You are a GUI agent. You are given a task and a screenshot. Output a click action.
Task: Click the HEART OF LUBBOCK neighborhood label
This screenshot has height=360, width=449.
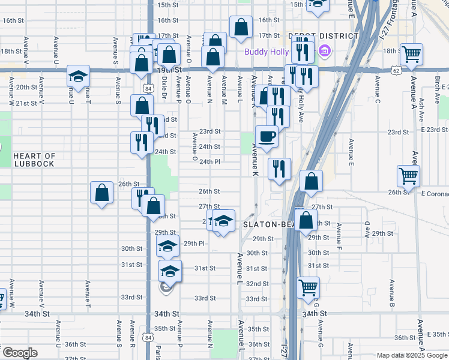[x=34, y=160]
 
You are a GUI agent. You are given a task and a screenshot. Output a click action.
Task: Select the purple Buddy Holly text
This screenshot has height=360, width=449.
[x=266, y=51]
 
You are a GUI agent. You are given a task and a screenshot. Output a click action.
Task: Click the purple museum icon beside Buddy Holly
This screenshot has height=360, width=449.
[x=325, y=51]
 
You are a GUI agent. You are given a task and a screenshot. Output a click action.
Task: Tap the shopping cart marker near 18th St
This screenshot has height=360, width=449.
[x=411, y=54]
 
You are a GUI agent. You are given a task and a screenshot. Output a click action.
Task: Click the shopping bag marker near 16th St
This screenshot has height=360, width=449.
[x=241, y=27]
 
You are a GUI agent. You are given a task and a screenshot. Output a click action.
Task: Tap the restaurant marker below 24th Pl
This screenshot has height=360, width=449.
[x=280, y=169]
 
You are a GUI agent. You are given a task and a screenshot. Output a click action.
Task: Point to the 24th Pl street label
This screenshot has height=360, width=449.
[x=210, y=162]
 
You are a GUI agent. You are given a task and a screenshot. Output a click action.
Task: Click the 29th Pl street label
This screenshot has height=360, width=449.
[x=194, y=244]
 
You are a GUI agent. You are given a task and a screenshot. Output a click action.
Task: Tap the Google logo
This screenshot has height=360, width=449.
[x=19, y=353]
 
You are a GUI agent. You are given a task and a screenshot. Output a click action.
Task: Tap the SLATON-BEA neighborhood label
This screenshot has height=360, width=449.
[x=267, y=224]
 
